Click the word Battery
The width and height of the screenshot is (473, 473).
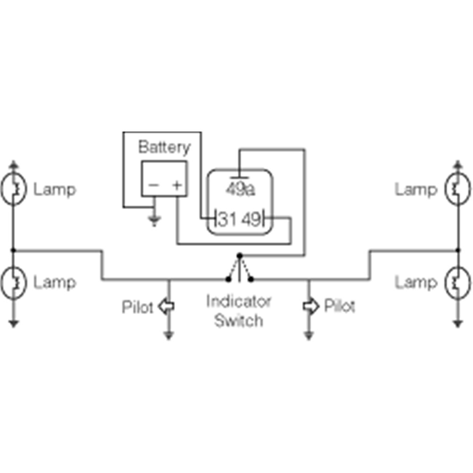point(165,148)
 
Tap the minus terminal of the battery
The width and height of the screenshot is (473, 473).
point(154,185)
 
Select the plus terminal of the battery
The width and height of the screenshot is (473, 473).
point(177,185)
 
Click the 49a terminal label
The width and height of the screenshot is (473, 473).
point(240,190)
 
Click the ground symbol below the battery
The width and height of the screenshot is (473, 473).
point(154,221)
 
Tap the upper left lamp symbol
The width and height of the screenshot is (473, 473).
point(14,189)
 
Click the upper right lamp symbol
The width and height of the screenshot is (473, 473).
point(457,189)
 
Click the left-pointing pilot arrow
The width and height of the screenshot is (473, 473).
point(166,306)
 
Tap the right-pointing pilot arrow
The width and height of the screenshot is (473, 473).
point(311,306)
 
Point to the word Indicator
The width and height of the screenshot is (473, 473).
point(238,301)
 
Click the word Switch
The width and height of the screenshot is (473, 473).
point(238,320)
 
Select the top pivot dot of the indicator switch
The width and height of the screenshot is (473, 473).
point(239,256)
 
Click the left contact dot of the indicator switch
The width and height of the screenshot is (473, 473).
point(228,280)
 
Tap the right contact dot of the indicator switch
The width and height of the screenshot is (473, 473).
point(251,280)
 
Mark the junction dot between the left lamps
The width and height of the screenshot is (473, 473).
point(13,250)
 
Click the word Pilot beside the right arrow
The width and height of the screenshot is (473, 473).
point(339,306)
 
